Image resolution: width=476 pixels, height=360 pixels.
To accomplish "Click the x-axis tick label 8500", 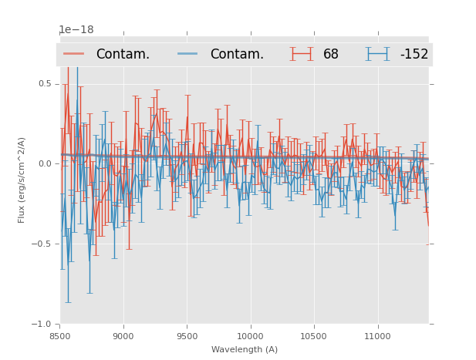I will (60, 336).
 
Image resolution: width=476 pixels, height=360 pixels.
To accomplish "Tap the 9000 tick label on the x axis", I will (123, 336).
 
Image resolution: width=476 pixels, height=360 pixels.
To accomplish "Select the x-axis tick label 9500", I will (187, 336).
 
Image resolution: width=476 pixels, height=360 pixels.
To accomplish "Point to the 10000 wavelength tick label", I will (250, 336).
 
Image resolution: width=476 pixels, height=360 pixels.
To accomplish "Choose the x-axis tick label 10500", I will (314, 336).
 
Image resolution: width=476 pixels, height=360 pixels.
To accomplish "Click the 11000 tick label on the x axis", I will (377, 336).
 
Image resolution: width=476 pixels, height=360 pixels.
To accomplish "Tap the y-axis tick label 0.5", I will (45, 84).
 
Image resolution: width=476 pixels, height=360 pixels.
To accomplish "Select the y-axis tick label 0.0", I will (45, 164).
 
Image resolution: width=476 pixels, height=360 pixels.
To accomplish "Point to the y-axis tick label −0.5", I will (42, 244).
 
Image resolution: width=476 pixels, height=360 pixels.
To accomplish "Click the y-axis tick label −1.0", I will (42, 325).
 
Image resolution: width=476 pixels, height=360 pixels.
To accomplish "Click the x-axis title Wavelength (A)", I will (245, 349).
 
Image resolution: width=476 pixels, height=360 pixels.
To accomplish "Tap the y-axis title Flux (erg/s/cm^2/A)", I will (22, 180).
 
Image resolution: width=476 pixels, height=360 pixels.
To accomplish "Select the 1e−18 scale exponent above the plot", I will (76, 30).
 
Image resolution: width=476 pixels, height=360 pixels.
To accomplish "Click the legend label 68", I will (331, 55).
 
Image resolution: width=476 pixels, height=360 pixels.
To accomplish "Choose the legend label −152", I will (414, 55).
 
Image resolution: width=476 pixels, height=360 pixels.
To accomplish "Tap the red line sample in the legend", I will (74, 54).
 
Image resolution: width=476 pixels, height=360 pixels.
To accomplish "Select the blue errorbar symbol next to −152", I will (377, 54).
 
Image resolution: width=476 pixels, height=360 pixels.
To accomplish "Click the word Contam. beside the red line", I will (123, 55).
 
